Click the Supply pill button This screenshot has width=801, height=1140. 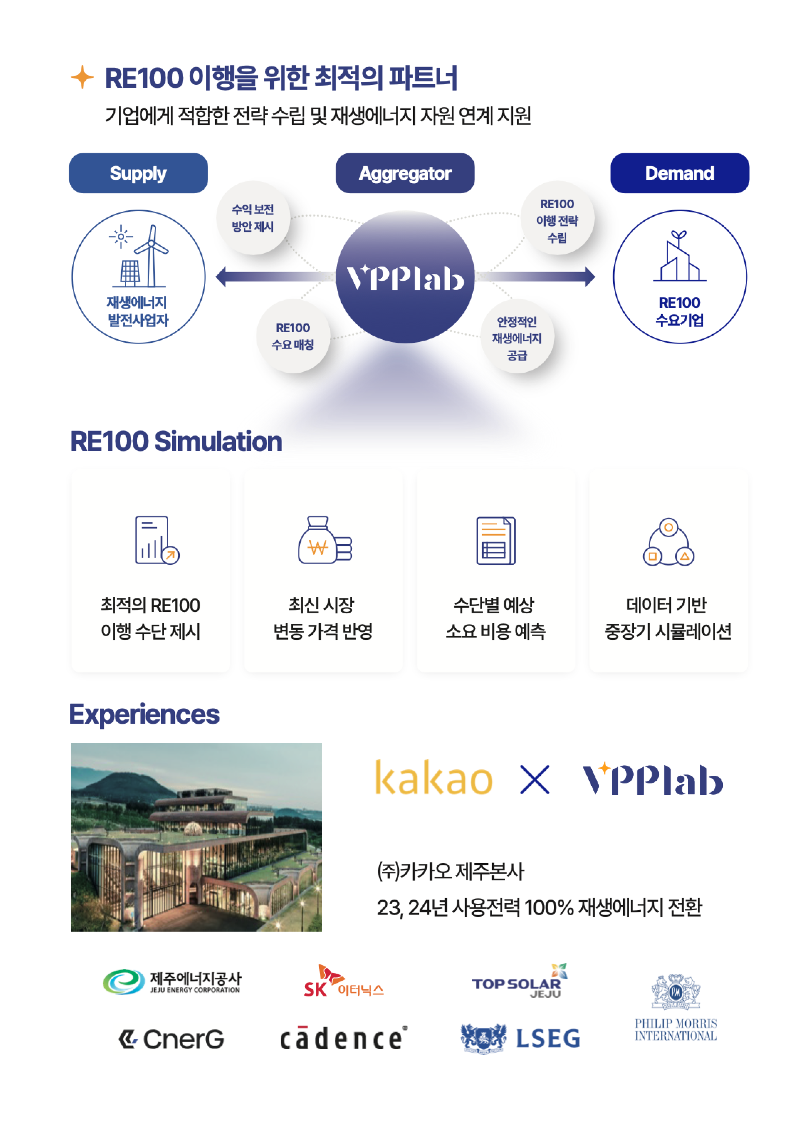pyautogui.click(x=138, y=173)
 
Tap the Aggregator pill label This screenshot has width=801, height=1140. pyautogui.click(x=405, y=173)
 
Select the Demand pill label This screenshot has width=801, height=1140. pyautogui.click(x=679, y=173)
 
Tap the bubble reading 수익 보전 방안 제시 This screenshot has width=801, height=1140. pyautogui.click(x=253, y=218)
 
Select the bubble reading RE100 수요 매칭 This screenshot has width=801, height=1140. pyautogui.click(x=293, y=336)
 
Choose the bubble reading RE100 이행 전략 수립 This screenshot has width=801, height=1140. pyautogui.click(x=557, y=218)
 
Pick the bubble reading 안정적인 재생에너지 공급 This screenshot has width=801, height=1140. pyautogui.click(x=517, y=336)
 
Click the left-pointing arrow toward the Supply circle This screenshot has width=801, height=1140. pyautogui.click(x=276, y=276)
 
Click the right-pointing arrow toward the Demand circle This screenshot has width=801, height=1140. pyautogui.click(x=535, y=276)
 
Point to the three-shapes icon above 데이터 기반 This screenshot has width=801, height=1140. pyautogui.click(x=668, y=542)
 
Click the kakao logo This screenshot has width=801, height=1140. pyautogui.click(x=433, y=778)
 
